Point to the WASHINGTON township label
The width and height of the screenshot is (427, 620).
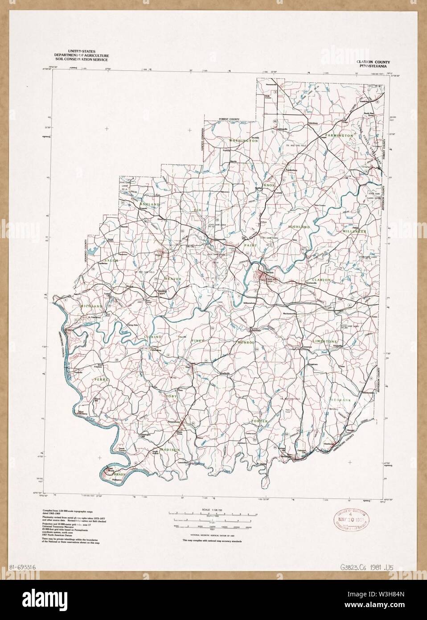pos(243,141)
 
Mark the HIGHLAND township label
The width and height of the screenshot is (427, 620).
pos(299,227)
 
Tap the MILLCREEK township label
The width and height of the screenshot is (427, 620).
pos(353,232)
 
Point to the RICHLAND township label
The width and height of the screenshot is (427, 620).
pos(91,306)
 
